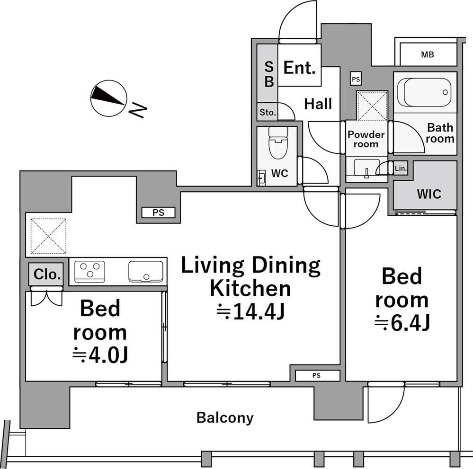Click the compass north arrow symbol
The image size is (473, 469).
point(108,98)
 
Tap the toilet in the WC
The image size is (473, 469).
point(278,142)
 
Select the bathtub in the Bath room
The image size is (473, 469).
point(425,92)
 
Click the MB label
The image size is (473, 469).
point(428,54)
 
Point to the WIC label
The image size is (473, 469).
point(429,194)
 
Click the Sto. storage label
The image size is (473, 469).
point(268,113)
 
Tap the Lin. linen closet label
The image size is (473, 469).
point(401,168)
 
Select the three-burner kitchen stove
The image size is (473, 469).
point(89,272)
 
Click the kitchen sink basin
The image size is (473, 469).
point(146,272)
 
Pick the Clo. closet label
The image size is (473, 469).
point(47,274)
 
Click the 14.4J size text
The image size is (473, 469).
point(250,311)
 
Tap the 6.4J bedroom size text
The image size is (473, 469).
point(402,323)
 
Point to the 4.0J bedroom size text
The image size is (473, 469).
point(100,355)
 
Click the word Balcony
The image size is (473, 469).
point(225,418)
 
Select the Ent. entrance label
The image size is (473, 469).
point(300,68)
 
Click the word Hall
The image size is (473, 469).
point(318,104)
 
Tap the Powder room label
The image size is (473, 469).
point(366,139)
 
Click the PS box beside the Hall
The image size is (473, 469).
point(356,79)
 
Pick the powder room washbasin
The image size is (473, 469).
point(366,168)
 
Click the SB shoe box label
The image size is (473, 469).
point(269,74)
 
